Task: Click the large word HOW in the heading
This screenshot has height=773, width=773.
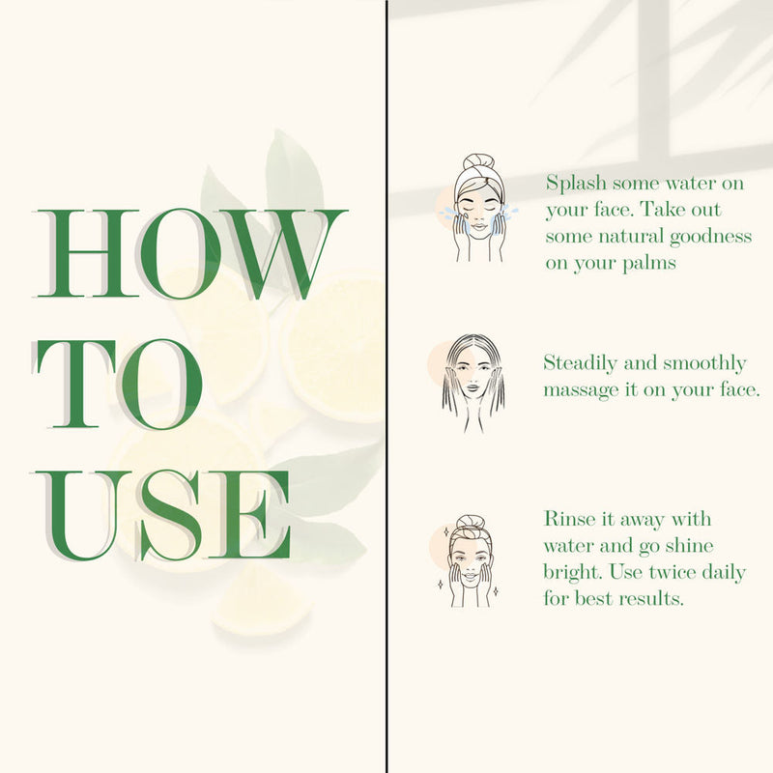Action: point(189,254)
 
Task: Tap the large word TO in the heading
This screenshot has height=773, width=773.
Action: point(118,384)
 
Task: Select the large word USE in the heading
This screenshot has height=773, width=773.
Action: point(162,516)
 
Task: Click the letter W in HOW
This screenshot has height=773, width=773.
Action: point(282,254)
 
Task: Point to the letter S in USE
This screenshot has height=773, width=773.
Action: point(168,516)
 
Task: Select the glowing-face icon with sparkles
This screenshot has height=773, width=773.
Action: point(469,561)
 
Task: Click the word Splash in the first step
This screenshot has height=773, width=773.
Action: point(576,184)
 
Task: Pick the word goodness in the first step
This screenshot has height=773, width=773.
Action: point(710,237)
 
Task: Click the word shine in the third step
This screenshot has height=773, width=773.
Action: point(689,546)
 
